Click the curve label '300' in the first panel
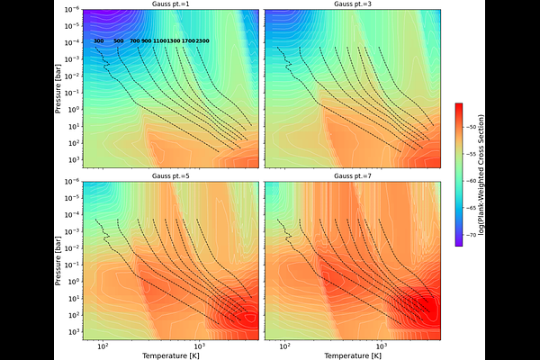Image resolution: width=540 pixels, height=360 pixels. pyautogui.click(x=98, y=41)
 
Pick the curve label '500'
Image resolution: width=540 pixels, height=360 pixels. pyautogui.click(x=119, y=41)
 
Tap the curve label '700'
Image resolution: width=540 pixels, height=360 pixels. pyautogui.click(x=135, y=41)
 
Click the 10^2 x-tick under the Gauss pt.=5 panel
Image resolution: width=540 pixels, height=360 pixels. pyautogui.click(x=103, y=346)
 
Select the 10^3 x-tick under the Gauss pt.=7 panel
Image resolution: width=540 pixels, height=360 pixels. pyautogui.click(x=381, y=346)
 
